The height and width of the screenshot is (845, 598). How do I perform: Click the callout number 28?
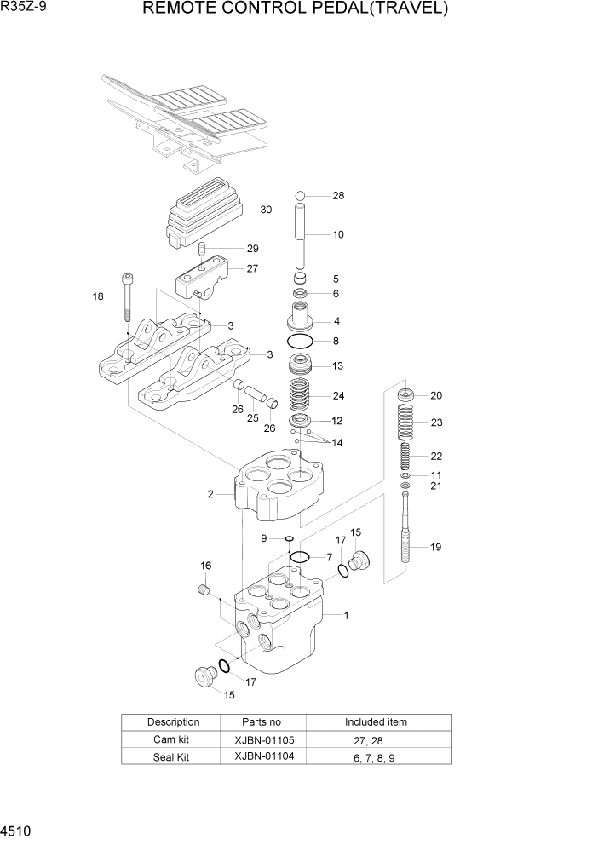tap(338, 196)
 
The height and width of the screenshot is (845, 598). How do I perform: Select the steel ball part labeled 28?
tap(300, 197)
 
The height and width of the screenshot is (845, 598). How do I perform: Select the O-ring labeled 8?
tap(300, 341)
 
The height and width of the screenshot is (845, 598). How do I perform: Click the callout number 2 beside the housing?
tap(210, 493)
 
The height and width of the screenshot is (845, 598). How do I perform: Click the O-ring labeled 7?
tap(300, 557)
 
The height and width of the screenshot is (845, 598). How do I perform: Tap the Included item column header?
tap(376, 721)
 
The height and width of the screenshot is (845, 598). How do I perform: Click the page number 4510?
tap(18, 829)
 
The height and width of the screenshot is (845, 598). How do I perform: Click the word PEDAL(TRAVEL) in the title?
tap(382, 9)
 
